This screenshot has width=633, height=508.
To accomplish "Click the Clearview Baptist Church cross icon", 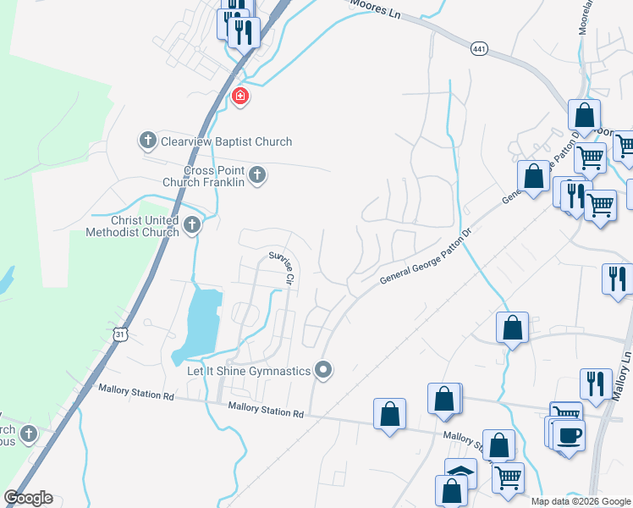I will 147,140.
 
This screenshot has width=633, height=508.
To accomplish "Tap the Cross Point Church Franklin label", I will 204,175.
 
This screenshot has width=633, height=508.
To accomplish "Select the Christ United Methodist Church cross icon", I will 192,224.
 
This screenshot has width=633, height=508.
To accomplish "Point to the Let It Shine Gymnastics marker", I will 322,369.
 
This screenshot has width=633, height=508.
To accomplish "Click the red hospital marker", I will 240,97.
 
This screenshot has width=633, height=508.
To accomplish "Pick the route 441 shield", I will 480,51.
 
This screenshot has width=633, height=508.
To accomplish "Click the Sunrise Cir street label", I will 282,266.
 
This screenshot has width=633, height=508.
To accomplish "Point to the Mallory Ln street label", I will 626,348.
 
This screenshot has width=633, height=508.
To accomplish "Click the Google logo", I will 28,498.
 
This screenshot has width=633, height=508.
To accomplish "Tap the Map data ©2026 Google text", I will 580,501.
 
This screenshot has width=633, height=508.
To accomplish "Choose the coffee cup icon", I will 569,435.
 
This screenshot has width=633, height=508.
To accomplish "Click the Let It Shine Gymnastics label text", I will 247,371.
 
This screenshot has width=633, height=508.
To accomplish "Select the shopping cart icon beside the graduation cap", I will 508,477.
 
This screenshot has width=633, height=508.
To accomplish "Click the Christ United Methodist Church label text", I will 133,226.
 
